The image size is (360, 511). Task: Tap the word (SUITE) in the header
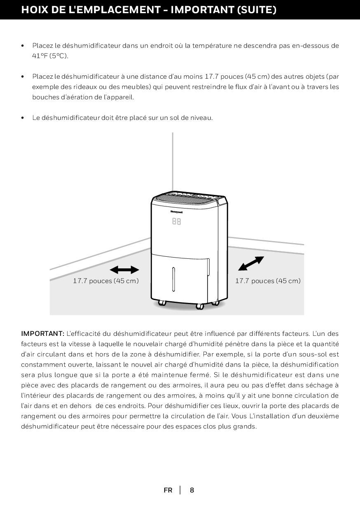tap(257, 10)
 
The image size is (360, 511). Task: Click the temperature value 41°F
tap(40, 56)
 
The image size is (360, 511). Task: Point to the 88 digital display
tap(176, 221)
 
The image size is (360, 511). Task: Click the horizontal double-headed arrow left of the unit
tap(125, 270)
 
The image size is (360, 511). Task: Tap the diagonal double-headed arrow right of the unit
tap(251, 264)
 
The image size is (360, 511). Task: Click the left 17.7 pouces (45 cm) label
tap(105, 281)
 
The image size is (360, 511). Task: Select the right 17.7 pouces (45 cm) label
tap(268, 281)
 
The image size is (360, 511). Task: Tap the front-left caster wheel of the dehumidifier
tap(162, 303)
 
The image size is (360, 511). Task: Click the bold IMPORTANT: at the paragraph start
tap(42, 333)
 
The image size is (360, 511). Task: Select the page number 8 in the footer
tap(192, 490)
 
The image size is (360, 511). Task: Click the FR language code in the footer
tap(168, 490)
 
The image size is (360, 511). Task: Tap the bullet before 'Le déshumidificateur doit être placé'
tap(23, 118)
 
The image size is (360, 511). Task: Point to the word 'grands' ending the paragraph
tap(245, 426)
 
